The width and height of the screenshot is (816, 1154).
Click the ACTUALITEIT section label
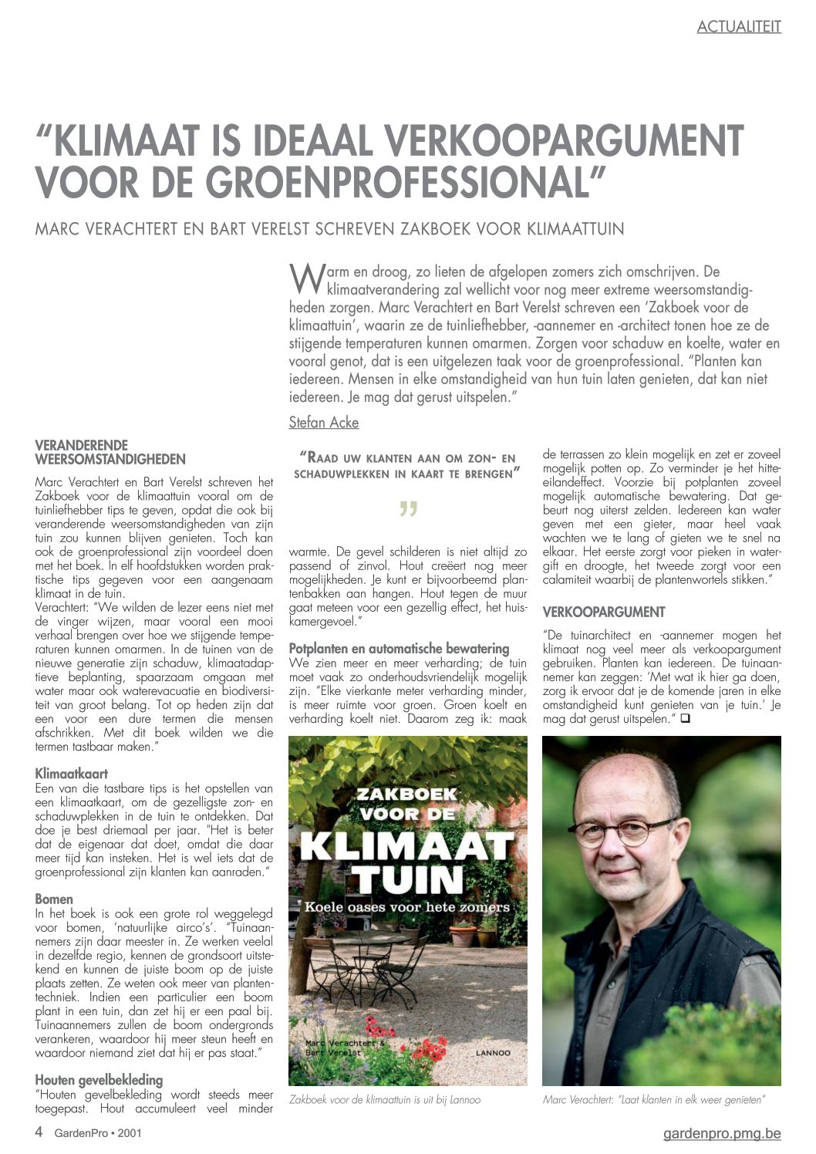[x=739, y=27]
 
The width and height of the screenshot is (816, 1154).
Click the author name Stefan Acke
[x=323, y=422]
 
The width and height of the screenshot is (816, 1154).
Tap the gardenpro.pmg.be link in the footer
[x=722, y=1133]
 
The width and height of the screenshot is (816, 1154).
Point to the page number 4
[x=39, y=1132]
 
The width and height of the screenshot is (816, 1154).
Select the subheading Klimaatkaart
[x=72, y=774]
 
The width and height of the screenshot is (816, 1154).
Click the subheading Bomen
[x=54, y=899]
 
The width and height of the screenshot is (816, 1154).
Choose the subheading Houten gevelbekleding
[x=99, y=1080]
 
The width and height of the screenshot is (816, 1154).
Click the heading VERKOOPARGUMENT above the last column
[x=604, y=612]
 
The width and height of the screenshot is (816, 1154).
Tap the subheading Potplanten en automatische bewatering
[x=399, y=649]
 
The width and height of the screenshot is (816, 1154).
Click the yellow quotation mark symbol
[x=408, y=511]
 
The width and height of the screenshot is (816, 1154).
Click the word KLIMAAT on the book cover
[x=407, y=846]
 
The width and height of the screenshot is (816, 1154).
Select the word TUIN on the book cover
[x=407, y=879]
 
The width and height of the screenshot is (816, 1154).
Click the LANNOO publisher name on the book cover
[x=491, y=1052]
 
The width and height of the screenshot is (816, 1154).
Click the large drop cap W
[x=306, y=278]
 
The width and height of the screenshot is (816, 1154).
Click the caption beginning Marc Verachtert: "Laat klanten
[x=653, y=1099]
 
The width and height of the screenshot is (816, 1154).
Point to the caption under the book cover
[x=385, y=1099]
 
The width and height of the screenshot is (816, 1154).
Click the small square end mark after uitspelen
[x=684, y=719]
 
